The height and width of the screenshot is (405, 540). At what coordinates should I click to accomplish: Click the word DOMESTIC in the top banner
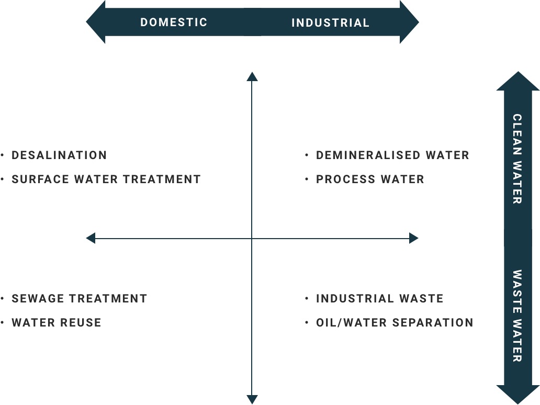174,22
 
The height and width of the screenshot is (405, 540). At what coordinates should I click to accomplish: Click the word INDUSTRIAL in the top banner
331,22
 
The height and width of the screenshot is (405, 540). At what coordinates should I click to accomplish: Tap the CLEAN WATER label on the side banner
517,159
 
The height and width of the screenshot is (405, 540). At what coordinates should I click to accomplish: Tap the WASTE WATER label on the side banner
517,316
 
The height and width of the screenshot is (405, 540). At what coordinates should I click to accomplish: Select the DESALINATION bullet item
59,155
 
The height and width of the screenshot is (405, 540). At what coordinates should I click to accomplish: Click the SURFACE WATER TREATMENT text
106,179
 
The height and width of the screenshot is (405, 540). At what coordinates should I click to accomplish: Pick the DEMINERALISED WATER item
392,155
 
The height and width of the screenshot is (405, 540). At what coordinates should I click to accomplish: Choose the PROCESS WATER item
370,179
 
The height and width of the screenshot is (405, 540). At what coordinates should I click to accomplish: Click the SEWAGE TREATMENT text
80,299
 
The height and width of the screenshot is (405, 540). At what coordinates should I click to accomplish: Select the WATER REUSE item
57,323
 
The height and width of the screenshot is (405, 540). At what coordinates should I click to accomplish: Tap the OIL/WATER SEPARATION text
395,323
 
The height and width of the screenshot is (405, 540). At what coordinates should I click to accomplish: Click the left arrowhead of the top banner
96,22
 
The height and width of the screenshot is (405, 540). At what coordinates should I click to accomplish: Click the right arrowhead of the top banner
409,22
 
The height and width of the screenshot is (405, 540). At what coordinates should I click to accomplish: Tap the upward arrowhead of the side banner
518,81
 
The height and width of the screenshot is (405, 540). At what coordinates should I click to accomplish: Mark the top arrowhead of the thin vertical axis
252,76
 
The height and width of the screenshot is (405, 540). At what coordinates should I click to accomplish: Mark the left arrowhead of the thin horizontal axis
91,238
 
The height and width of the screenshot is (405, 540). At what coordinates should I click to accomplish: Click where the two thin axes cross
252,238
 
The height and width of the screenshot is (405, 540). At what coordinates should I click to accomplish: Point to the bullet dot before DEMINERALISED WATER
307,155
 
